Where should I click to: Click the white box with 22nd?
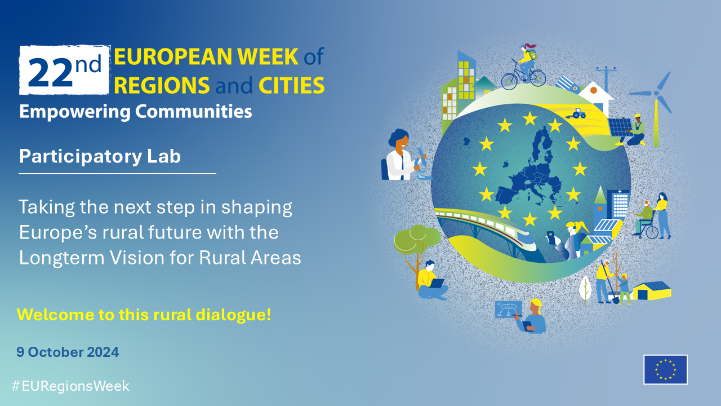[x=64, y=70]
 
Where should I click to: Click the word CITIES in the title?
[x=292, y=85]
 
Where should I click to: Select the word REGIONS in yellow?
[x=162, y=85]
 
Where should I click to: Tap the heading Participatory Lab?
[x=100, y=157]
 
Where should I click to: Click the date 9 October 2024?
[x=68, y=352]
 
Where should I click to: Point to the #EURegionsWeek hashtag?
[x=70, y=386]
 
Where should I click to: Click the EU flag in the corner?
[x=665, y=369]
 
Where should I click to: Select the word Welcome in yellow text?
[x=55, y=315]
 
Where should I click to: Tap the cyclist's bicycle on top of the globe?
[x=523, y=78]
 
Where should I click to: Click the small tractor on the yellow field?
[x=576, y=114]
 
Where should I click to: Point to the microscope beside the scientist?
[x=422, y=164]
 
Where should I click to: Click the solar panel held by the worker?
[x=620, y=127]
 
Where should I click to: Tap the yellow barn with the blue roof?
[x=652, y=290]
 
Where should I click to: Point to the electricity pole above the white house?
[x=606, y=79]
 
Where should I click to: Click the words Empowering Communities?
[x=136, y=112]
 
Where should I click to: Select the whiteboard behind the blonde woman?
[x=508, y=310]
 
